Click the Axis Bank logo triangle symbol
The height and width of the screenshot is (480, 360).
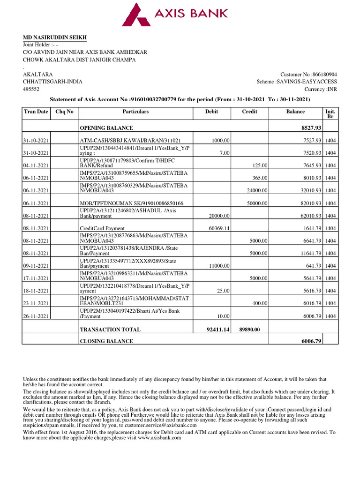(x=136, y=15)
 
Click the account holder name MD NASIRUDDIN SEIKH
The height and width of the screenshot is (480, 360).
(x=55, y=37)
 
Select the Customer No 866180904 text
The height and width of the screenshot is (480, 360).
(x=308, y=75)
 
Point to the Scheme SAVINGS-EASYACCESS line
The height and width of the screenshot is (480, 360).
(x=296, y=82)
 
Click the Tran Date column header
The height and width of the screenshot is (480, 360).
(x=36, y=112)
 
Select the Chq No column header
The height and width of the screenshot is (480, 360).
(x=65, y=112)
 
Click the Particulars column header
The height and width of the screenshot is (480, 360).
(x=135, y=112)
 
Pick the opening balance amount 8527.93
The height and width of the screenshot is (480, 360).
(x=310, y=128)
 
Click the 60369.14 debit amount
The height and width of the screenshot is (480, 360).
(x=217, y=228)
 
